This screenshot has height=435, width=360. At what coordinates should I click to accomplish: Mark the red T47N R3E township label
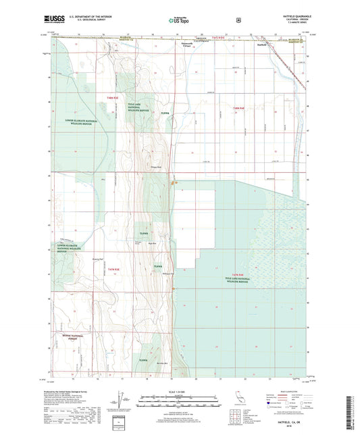point(113,270)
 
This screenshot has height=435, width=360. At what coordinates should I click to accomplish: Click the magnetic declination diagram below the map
point(121,403)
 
